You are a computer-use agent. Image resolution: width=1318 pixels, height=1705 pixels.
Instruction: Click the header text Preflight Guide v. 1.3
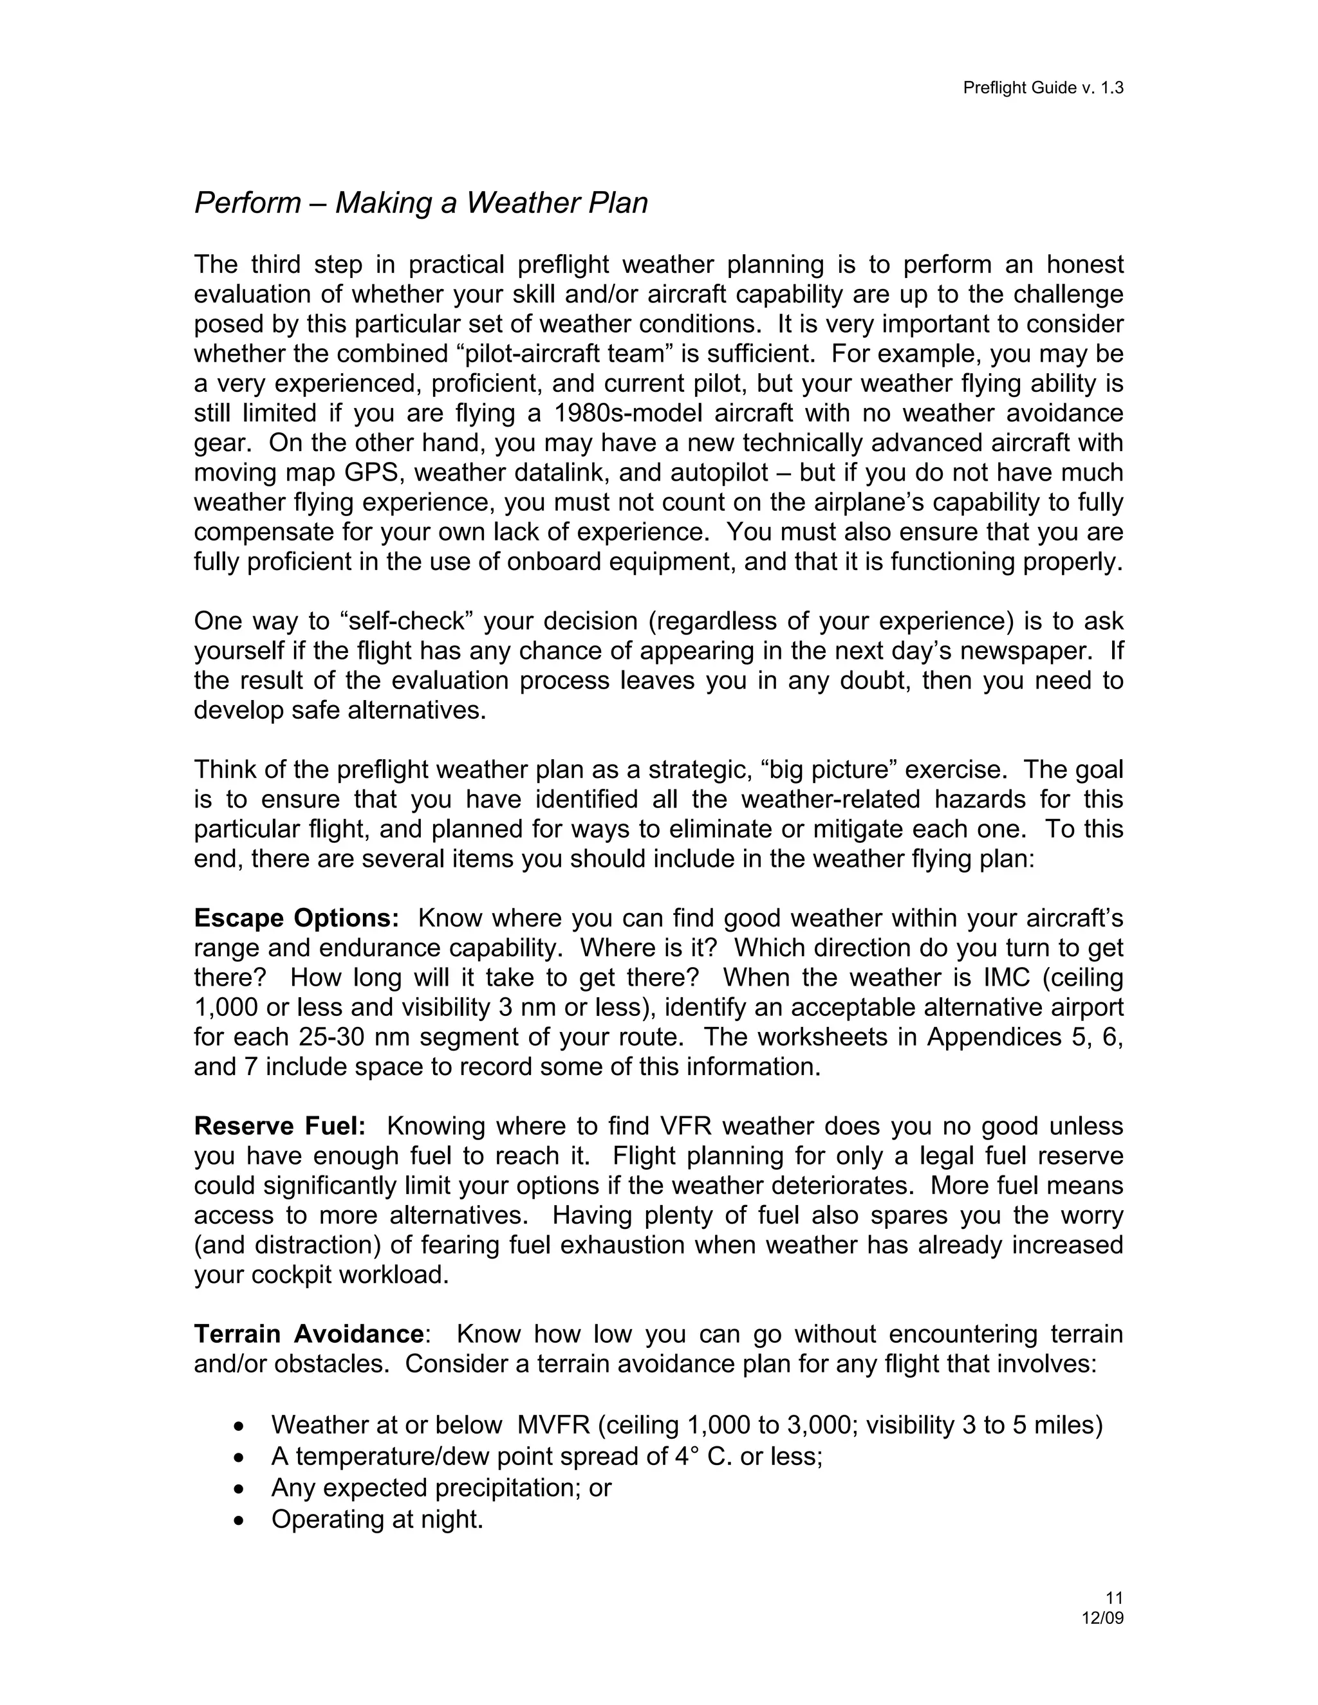coord(1043,88)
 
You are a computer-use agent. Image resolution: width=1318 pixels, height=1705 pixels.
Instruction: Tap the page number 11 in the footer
coord(1114,1598)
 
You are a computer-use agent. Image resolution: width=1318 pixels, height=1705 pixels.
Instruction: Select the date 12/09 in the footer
coord(1102,1617)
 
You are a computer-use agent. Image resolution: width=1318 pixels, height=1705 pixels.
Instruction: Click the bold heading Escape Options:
coord(297,918)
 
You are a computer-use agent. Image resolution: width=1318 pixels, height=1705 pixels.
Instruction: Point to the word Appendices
coord(988,1038)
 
